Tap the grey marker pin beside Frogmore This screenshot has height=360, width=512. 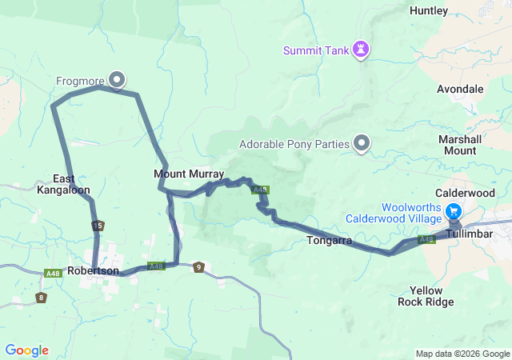[x=117, y=78]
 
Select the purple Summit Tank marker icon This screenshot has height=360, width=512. [x=362, y=50]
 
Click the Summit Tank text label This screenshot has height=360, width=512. [x=316, y=51]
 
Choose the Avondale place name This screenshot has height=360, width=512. [x=460, y=89]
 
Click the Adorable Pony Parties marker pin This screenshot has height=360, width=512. [x=362, y=144]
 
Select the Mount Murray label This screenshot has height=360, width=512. [x=189, y=174]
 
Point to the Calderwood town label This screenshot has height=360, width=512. [x=466, y=194]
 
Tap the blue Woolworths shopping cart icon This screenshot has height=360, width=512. [x=454, y=212]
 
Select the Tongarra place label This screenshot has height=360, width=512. [x=330, y=240]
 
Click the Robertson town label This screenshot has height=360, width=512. [x=94, y=271]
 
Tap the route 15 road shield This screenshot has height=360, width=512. [x=98, y=226]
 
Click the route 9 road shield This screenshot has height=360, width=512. [x=198, y=267]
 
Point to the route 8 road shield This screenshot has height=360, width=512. [x=41, y=298]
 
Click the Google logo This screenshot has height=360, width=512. [x=26, y=350]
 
